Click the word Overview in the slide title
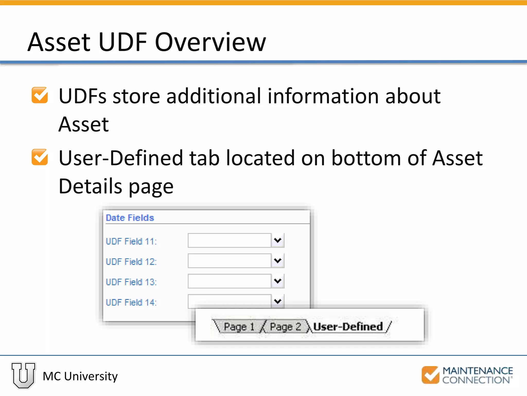(210, 42)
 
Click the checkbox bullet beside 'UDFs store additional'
(40, 95)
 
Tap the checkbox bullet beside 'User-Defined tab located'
(40, 157)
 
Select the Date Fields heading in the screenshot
(130, 218)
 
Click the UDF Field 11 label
(131, 241)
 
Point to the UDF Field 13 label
(131, 282)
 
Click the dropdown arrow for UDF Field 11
(277, 240)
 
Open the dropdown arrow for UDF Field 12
(277, 261)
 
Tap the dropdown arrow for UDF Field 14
(277, 301)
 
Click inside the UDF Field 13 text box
(229, 281)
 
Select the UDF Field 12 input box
(229, 261)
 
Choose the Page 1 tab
(239, 327)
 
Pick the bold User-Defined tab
(348, 327)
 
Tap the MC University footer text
(80, 376)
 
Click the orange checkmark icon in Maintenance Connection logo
(430, 375)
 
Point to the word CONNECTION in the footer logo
(476, 380)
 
